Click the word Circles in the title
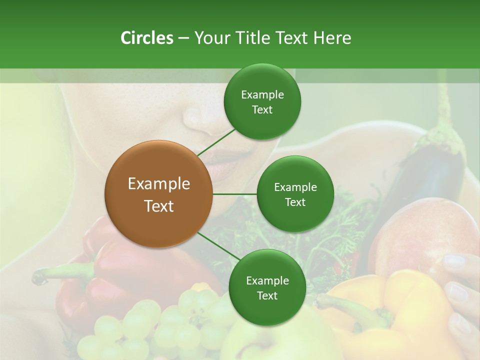(146, 38)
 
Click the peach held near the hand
(420, 235)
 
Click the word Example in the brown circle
(158, 184)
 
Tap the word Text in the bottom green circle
(267, 295)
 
